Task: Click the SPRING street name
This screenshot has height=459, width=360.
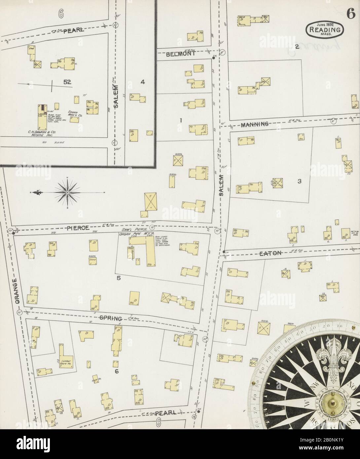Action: (x=111, y=318)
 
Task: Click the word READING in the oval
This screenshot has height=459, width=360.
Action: (x=325, y=29)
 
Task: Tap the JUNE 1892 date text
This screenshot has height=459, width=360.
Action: (x=325, y=24)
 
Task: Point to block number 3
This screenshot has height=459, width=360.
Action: (x=299, y=181)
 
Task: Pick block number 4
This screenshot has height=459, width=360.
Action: (x=143, y=82)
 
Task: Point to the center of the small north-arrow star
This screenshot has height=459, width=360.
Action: (x=67, y=192)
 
